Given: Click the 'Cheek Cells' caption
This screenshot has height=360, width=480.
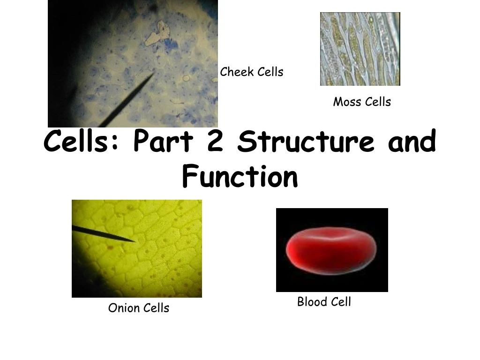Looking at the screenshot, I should pyautogui.click(x=252, y=72).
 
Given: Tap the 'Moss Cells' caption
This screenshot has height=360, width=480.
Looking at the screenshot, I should pyautogui.click(x=362, y=102).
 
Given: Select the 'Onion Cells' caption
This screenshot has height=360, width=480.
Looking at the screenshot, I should pyautogui.click(x=138, y=308).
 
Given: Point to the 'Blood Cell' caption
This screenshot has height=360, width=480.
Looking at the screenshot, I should pyautogui.click(x=324, y=302).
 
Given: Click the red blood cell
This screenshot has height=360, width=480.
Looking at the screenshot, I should pyautogui.click(x=331, y=249).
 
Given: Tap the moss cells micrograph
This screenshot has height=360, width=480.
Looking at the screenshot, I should pyautogui.click(x=360, y=49).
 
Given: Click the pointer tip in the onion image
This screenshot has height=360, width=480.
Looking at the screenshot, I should pyautogui.click(x=135, y=241).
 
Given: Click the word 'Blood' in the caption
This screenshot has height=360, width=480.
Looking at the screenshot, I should pyautogui.click(x=310, y=302).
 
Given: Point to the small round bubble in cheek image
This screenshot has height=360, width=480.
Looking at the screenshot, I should pyautogui.click(x=186, y=79).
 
